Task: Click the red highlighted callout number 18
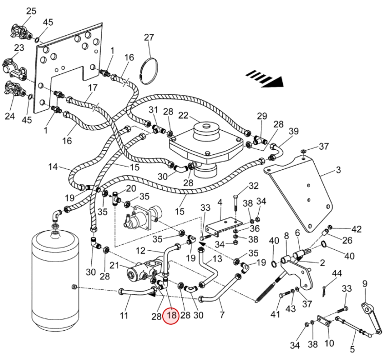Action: coord(172,315)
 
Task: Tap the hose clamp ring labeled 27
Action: coord(149,71)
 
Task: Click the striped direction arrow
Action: coord(265,78)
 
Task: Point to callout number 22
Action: coord(183,115)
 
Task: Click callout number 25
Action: coord(31,11)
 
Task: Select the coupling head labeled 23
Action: coord(15,69)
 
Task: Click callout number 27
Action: coord(149,37)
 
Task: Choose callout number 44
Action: coord(337,273)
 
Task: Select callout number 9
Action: coord(365,284)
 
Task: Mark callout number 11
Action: coord(124,315)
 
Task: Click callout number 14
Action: coord(53,167)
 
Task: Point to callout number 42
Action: coord(357,229)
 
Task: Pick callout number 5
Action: coord(352,349)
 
